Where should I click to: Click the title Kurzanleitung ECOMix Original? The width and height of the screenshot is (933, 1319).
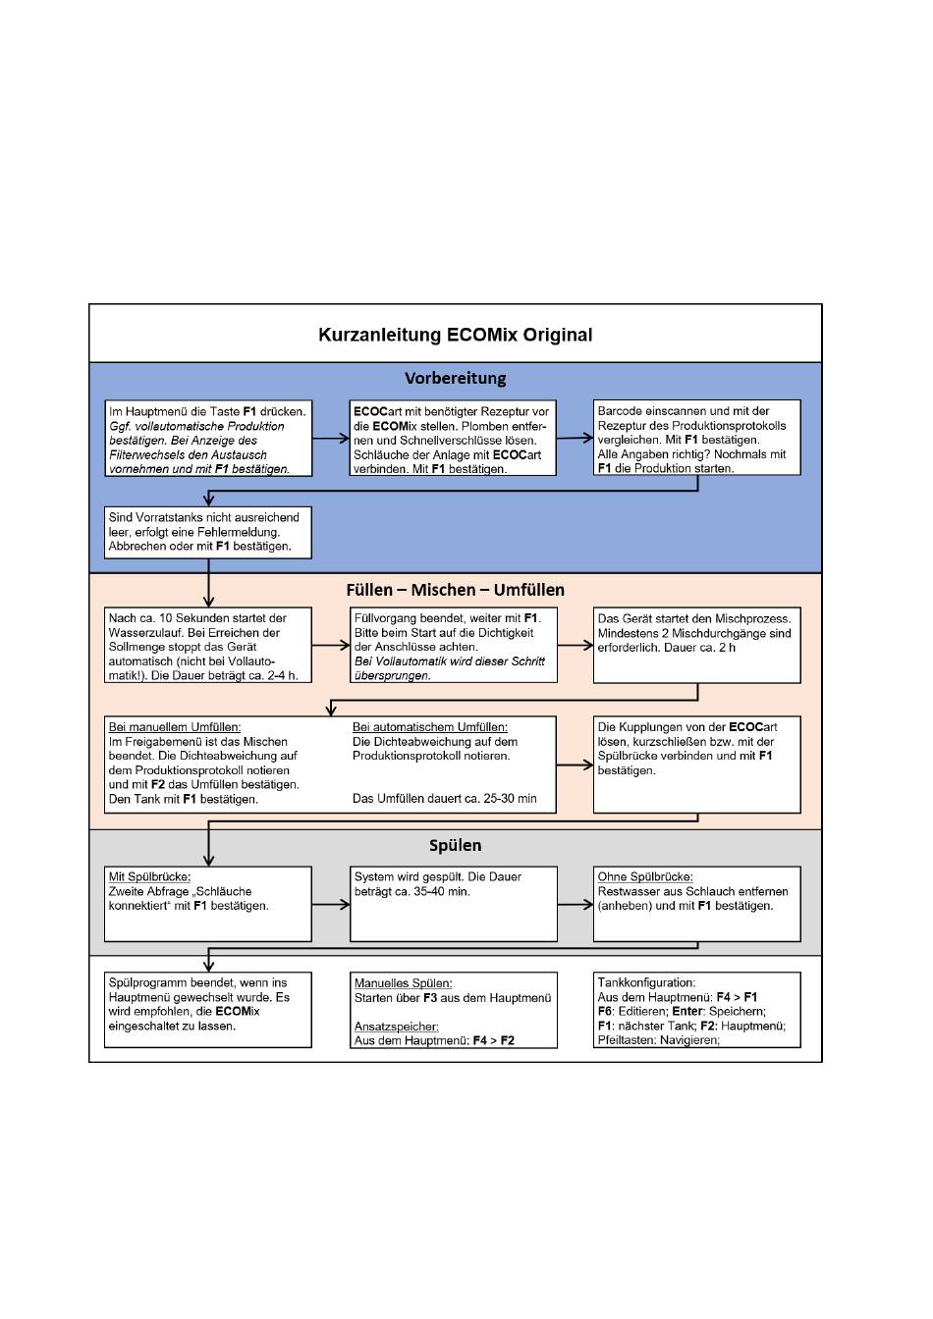tap(455, 335)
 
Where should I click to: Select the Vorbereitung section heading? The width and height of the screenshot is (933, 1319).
tap(455, 378)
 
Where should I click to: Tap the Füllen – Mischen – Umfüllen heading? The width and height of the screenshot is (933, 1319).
tap(455, 590)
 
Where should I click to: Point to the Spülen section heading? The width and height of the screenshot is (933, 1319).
tap(455, 845)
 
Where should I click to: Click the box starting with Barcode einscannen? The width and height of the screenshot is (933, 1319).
tap(696, 438)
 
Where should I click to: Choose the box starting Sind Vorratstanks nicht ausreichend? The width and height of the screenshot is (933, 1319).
tap(208, 532)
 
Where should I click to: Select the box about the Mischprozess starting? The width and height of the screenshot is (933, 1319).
tap(696, 646)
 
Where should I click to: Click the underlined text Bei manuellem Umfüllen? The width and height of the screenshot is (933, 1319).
tap(175, 727)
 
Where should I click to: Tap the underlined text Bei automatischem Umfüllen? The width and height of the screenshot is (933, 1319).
tap(429, 727)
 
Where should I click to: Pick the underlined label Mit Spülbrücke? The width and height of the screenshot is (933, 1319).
tap(149, 876)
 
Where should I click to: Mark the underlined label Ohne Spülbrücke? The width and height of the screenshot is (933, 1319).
tap(645, 876)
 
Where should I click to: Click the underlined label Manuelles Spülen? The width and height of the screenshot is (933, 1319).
tap(403, 983)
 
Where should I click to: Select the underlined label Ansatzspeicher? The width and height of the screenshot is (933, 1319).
tap(396, 1027)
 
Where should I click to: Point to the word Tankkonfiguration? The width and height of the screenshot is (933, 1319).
tap(646, 982)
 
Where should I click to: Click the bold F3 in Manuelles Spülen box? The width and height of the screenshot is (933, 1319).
tap(429, 998)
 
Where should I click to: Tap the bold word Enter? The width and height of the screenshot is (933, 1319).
tap(687, 1012)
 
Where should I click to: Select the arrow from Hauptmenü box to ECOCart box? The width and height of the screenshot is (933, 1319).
tap(331, 438)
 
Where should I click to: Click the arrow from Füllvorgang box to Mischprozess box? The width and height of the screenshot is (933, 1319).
tap(576, 646)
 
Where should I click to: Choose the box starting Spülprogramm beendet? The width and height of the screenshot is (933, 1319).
tap(208, 1010)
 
